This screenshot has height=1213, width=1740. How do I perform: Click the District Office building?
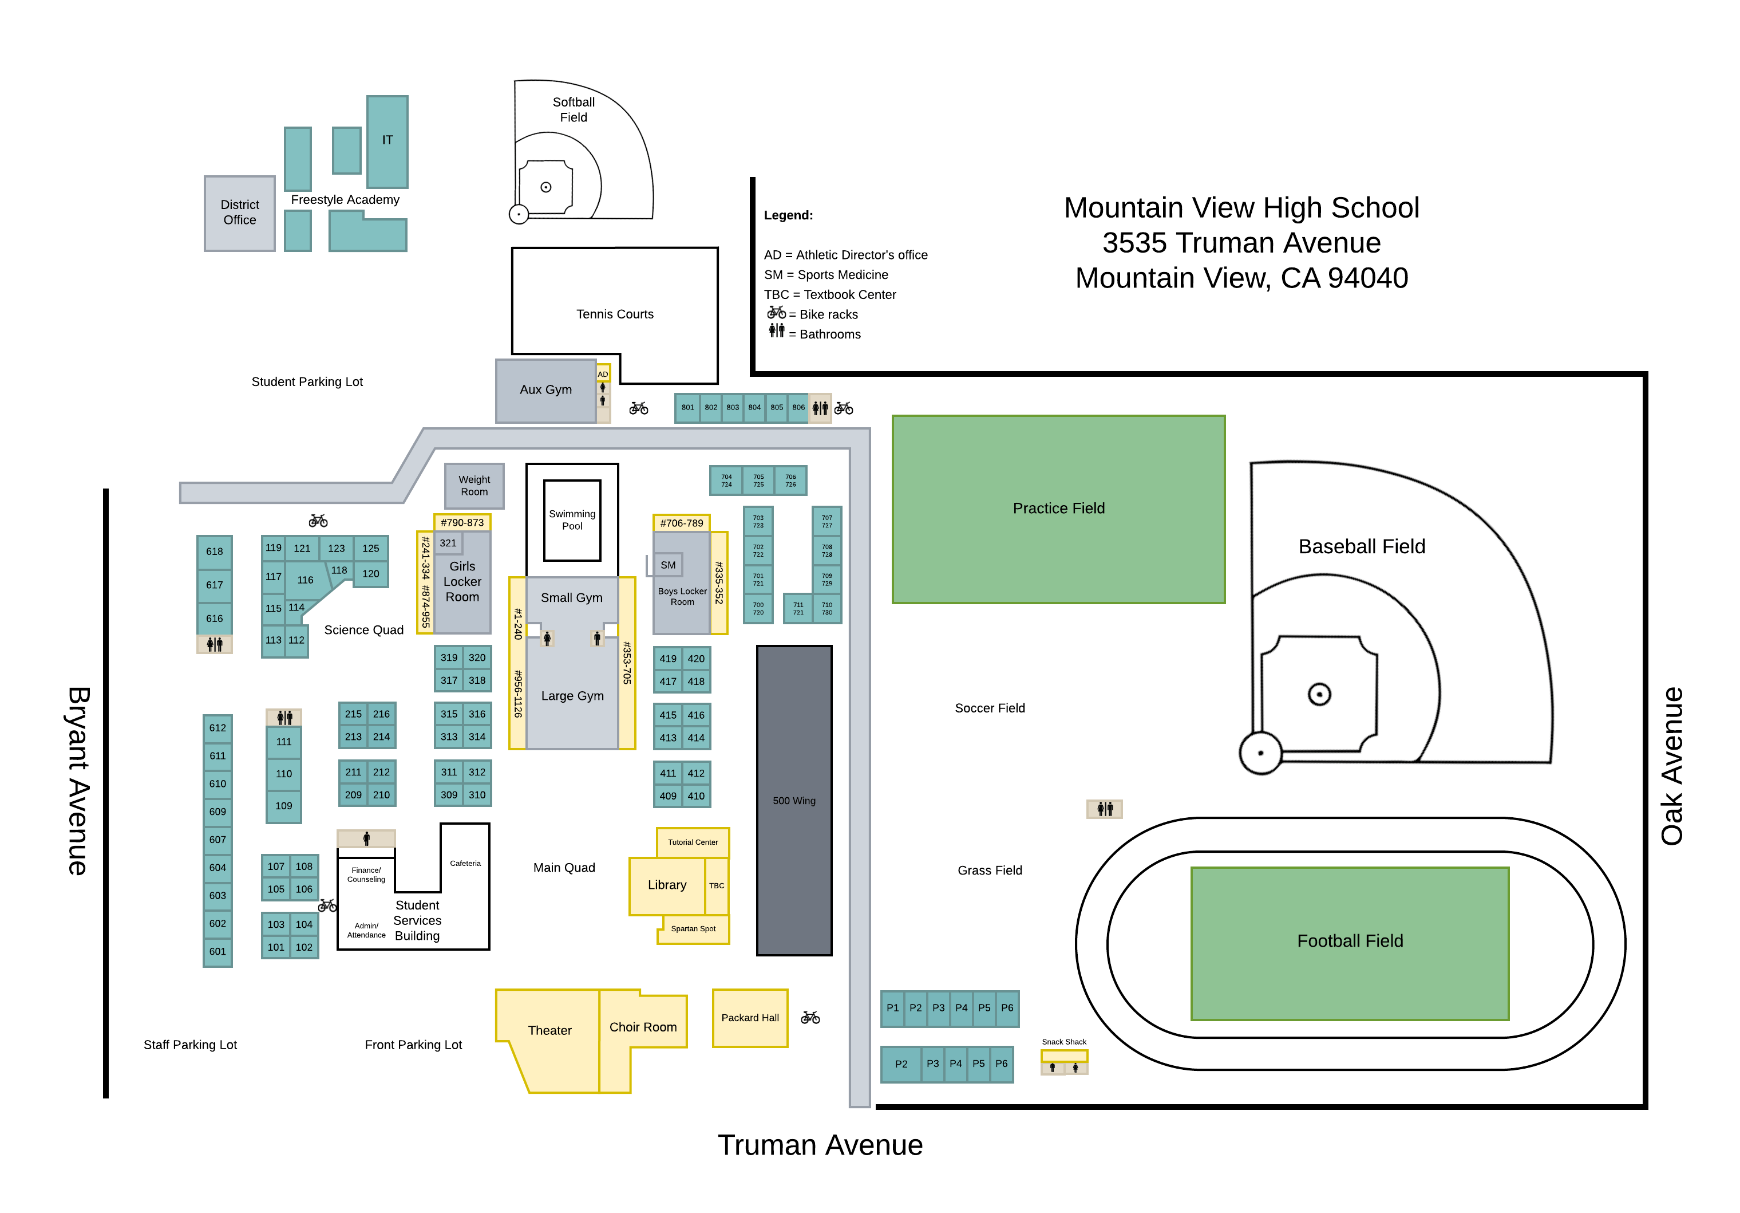tap(239, 213)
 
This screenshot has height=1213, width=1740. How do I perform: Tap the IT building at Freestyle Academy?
tap(387, 141)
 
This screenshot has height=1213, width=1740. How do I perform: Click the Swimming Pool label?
tap(572, 520)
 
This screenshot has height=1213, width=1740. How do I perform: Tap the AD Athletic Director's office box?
tap(603, 375)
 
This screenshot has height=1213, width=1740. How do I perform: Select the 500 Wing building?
tap(794, 801)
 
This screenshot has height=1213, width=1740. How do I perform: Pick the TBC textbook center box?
tap(716, 885)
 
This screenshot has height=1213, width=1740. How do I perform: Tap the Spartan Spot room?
tap(693, 929)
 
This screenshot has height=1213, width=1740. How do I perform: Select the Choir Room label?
tap(643, 1027)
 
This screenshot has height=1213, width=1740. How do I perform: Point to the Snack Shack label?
tap(1064, 1042)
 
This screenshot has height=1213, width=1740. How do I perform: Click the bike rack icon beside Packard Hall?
tap(810, 1017)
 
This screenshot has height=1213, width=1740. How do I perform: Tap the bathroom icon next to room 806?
tap(820, 408)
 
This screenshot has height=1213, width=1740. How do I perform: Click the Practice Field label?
tap(1059, 509)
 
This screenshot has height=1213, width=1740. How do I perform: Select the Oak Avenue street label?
tap(1672, 766)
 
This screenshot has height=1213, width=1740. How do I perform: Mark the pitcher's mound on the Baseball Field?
tap(1319, 694)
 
